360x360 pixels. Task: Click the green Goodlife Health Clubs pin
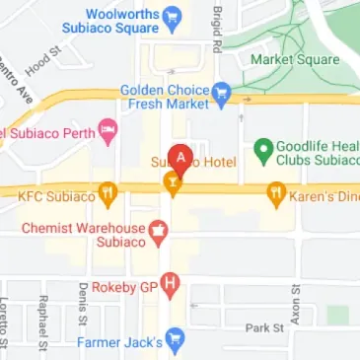tap(262, 150)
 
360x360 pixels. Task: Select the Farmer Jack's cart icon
tap(175, 340)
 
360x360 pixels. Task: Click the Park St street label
tap(264, 326)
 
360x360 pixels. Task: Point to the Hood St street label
tap(36, 64)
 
